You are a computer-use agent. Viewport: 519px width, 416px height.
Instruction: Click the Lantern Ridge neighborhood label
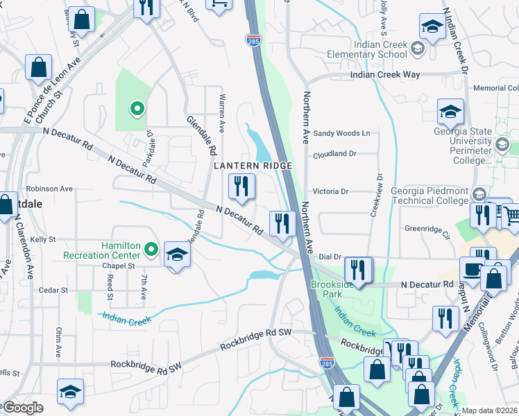click(x=253, y=166)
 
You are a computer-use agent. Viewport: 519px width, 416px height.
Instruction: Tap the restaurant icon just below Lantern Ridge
click(x=241, y=186)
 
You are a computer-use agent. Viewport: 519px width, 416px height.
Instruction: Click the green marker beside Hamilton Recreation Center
click(x=151, y=248)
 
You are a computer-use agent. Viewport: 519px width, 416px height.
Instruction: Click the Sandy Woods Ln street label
click(x=342, y=133)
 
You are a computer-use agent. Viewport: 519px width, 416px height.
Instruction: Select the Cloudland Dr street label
click(x=334, y=155)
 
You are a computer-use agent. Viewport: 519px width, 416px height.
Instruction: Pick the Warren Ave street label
click(x=222, y=114)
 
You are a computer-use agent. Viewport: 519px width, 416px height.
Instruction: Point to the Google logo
click(x=23, y=408)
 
